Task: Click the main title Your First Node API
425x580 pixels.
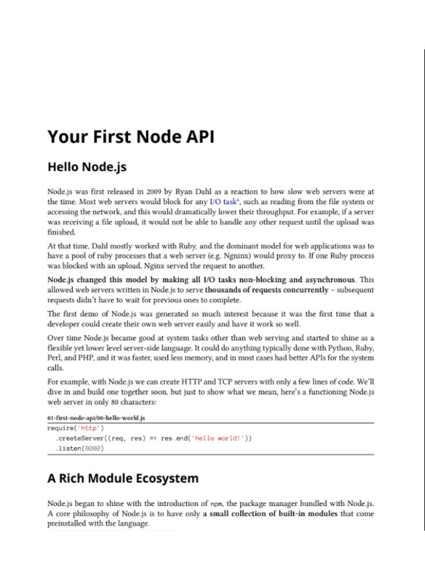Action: click(131, 137)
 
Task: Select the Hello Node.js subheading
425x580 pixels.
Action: click(87, 168)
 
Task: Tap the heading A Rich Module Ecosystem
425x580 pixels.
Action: click(123, 478)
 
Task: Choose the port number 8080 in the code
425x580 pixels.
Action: click(93, 449)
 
